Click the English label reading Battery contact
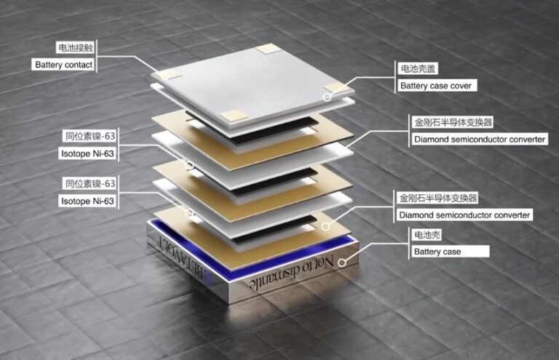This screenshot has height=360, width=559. pyautogui.click(x=64, y=65)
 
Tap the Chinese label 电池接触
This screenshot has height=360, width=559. pyautogui.click(x=76, y=48)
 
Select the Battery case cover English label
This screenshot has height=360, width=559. pyautogui.click(x=436, y=86)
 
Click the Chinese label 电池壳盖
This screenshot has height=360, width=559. pyautogui.click(x=418, y=68)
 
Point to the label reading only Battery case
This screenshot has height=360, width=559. pyautogui.click(x=437, y=252)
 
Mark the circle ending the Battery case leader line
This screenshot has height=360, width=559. pyautogui.click(x=341, y=263)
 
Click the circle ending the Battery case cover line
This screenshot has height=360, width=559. pyautogui.click(x=327, y=97)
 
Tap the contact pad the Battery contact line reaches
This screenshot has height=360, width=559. pyautogui.click(x=168, y=74)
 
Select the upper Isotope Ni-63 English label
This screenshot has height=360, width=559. pyautogui.click(x=87, y=154)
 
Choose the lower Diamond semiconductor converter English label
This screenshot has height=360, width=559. pyautogui.click(x=464, y=215)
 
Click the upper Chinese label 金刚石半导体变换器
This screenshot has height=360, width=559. pyautogui.click(x=453, y=122)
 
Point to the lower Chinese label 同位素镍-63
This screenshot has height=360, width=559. pyautogui.click(x=90, y=184)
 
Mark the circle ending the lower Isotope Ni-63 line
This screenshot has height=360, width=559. pyautogui.click(x=190, y=213)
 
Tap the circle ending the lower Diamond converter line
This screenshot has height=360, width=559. pyautogui.click(x=325, y=226)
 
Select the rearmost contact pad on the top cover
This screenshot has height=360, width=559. pyautogui.click(x=269, y=49)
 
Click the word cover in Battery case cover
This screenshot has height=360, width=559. pyautogui.click(x=461, y=86)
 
